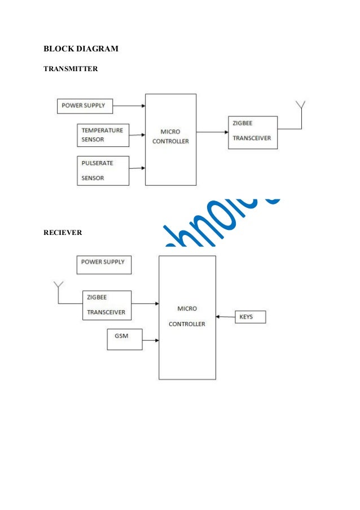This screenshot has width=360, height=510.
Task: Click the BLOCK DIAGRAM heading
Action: (81, 49)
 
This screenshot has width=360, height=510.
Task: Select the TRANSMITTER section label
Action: (71, 69)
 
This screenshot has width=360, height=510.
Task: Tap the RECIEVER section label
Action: (63, 232)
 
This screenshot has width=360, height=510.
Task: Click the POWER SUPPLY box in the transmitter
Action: (85, 106)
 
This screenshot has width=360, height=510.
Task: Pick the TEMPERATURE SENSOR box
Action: (103, 136)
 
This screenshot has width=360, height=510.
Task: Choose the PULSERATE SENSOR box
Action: (103, 171)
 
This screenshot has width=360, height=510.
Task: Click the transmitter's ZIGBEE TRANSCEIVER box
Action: (252, 132)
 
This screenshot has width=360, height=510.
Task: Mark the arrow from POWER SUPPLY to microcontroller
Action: (129, 106)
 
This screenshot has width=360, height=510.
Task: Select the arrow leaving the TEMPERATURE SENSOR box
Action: (137, 135)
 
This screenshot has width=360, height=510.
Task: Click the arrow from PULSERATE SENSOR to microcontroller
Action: (137, 168)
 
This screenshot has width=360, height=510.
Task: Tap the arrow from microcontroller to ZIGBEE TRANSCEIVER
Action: (212, 132)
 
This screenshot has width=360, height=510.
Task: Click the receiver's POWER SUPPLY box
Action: (103, 264)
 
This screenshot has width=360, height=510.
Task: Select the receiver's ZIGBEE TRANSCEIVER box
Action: (106, 305)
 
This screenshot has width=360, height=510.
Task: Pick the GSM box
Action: (124, 339)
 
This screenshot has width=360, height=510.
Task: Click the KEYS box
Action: (249, 317)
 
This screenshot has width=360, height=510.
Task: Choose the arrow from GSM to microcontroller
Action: (151, 340)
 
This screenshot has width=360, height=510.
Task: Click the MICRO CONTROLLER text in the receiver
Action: (187, 316)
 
